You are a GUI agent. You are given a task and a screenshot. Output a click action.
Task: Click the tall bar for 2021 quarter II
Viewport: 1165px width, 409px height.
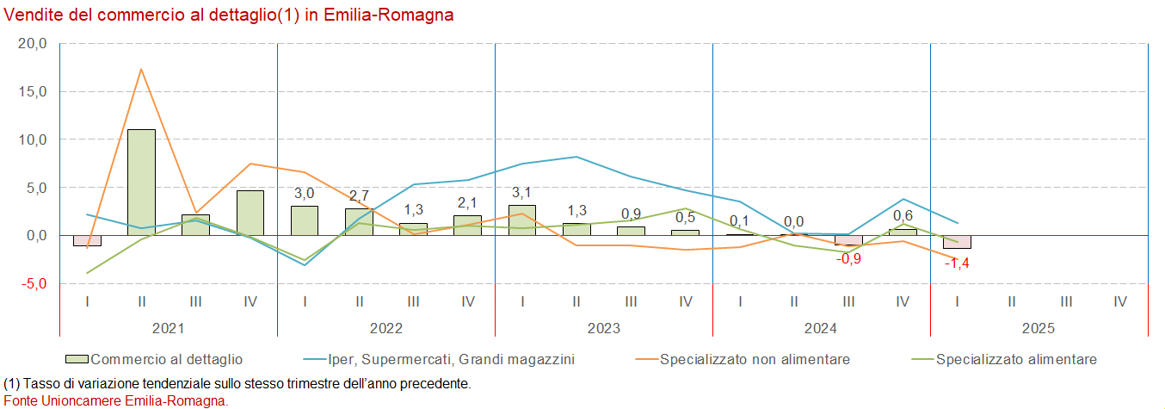pyautogui.click(x=141, y=182)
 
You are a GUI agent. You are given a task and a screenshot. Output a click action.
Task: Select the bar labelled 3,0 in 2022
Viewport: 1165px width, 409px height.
pyautogui.click(x=305, y=220)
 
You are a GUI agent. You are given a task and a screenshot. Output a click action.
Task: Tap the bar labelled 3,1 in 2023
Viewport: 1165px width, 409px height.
pyautogui.click(x=522, y=220)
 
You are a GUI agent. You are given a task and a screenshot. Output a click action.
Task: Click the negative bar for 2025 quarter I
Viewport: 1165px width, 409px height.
pyautogui.click(x=957, y=242)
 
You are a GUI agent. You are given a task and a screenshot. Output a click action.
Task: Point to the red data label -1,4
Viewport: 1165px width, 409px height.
pyautogui.click(x=957, y=263)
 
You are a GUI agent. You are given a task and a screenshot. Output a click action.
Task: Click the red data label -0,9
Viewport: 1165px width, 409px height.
pyautogui.click(x=848, y=258)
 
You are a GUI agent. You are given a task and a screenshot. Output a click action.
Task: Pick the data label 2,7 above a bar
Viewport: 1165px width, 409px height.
pyautogui.click(x=359, y=195)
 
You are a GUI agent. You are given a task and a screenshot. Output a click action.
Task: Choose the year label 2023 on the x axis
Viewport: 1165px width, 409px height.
pyautogui.click(x=604, y=328)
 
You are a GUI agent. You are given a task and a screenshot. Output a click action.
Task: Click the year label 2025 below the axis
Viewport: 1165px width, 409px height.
pyautogui.click(x=1039, y=328)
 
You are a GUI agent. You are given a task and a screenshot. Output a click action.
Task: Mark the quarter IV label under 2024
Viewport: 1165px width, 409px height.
pyautogui.click(x=903, y=301)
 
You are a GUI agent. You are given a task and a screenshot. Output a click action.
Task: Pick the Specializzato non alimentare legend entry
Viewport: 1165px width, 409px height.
pyautogui.click(x=755, y=359)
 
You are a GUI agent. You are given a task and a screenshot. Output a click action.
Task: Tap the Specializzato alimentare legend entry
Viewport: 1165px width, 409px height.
pyautogui.click(x=1016, y=359)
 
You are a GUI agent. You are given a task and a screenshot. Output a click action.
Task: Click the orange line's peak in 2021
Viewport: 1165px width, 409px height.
pyautogui.click(x=141, y=69)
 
